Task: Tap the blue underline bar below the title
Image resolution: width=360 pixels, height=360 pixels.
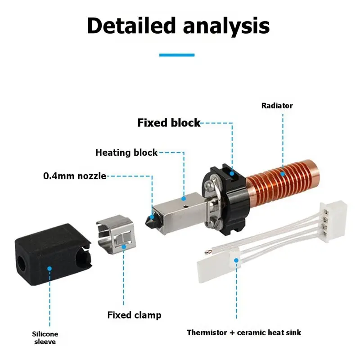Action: point(177,55)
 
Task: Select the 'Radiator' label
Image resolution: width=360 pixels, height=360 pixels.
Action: point(277,106)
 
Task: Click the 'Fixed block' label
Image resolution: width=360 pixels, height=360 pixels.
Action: point(169,122)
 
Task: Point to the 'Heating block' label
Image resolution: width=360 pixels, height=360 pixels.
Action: point(126,153)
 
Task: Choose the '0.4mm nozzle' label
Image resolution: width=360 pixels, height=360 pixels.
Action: point(75,176)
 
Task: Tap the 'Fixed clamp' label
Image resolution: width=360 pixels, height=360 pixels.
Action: point(134,315)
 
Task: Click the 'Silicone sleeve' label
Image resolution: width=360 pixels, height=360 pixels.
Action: point(45,337)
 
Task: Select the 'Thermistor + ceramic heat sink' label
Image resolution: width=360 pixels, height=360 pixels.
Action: point(244,333)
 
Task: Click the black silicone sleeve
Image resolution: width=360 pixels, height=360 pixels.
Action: point(53,254)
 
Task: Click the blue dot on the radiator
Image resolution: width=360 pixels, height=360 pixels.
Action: point(283,174)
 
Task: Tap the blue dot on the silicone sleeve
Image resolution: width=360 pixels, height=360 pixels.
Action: point(49,268)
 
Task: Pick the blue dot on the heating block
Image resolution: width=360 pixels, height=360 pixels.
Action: point(184,198)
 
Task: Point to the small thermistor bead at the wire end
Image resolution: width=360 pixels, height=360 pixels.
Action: point(207,252)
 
